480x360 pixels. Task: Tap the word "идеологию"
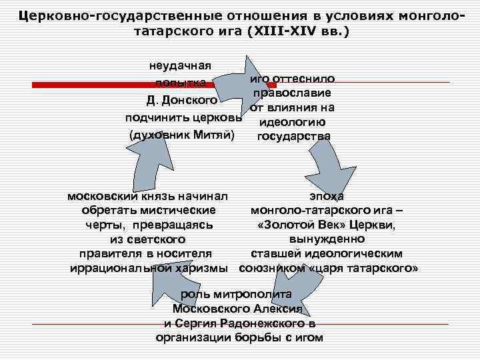(x=292, y=122)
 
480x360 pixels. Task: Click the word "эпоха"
(x=327, y=196)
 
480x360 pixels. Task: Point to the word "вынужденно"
(x=327, y=239)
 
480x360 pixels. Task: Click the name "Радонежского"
(x=270, y=323)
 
